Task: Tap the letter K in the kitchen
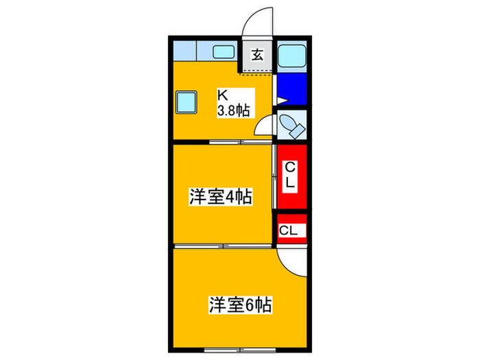click(x=223, y=95)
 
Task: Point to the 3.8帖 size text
click(x=233, y=110)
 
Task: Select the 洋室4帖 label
click(x=221, y=197)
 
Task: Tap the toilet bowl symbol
click(x=292, y=128)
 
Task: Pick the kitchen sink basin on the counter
click(x=224, y=52)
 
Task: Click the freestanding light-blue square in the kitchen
click(x=187, y=103)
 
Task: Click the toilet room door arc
click(x=264, y=127)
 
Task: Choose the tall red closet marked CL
click(x=292, y=177)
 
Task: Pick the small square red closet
click(x=292, y=230)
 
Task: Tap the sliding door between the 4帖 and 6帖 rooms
click(x=224, y=245)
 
